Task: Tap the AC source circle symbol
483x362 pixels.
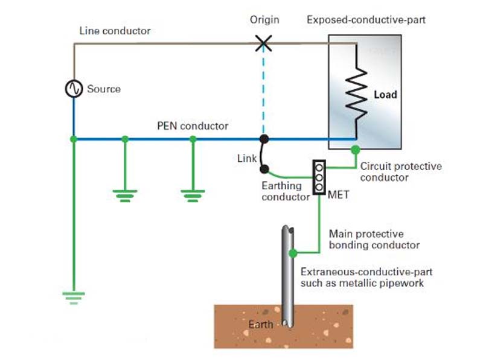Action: [74, 89]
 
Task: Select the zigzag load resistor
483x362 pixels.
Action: [357, 94]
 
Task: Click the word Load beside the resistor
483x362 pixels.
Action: [385, 95]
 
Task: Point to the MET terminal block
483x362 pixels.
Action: [319, 177]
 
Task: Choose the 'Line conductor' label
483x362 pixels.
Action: [115, 30]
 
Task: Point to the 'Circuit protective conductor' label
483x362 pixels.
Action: [401, 172]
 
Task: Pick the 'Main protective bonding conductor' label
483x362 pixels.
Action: [374, 240]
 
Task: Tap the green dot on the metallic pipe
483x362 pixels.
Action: [293, 253]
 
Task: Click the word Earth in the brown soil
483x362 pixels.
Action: [261, 325]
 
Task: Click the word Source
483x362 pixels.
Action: [104, 89]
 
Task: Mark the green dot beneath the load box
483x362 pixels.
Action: [356, 148]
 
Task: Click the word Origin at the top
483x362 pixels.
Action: [264, 20]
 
